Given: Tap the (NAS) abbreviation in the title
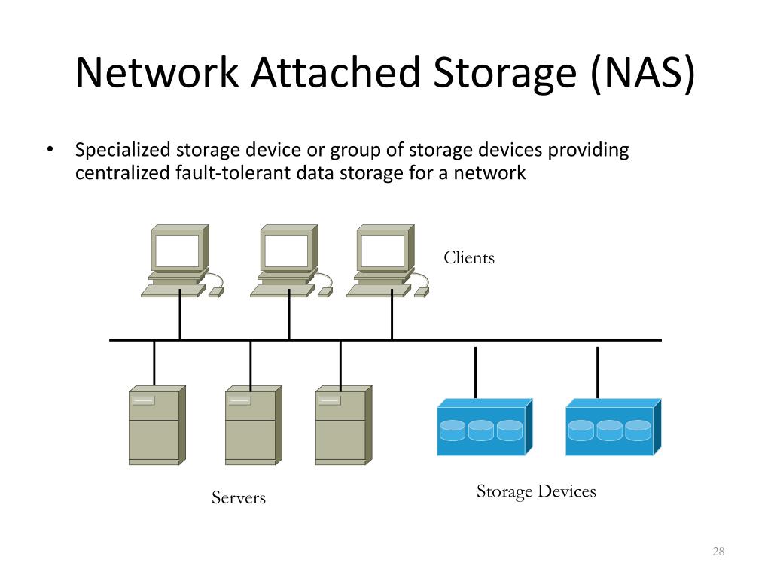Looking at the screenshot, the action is [643, 73].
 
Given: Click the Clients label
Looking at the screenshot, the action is [469, 257].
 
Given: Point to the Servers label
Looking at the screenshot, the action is [239, 498].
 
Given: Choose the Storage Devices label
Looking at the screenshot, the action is [536, 491].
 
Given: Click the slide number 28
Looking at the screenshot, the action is [718, 551].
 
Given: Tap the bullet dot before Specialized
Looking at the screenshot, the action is [50, 149].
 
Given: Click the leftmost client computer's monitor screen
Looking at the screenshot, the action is [178, 250].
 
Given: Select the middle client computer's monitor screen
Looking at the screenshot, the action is [287, 250].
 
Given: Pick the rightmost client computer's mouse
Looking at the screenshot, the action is [422, 293].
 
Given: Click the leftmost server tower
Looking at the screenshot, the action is [157, 425].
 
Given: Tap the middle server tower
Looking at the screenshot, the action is [254, 425].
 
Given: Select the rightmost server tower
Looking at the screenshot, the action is [343, 425].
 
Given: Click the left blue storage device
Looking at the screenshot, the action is [485, 427].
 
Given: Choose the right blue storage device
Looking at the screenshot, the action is [613, 427].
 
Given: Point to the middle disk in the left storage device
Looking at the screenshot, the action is [481, 430].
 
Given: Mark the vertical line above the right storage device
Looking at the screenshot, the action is [597, 373].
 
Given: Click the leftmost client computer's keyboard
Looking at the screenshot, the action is [173, 291].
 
